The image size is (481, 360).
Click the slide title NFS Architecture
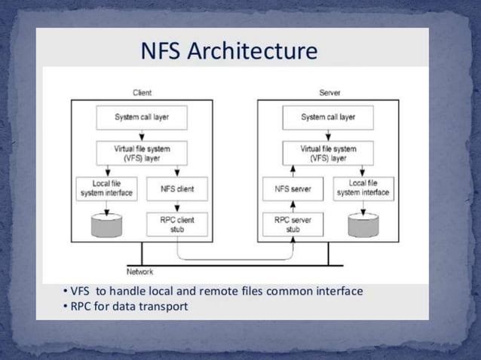coord(230,51)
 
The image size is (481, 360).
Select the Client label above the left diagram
coord(142,93)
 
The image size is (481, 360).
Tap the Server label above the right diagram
coord(329,93)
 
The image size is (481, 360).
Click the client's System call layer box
coord(142,117)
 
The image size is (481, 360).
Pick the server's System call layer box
coord(328,117)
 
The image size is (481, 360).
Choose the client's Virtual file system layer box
coord(142,154)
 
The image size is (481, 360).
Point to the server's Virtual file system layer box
coord(328,154)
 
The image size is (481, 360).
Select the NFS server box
coord(293,189)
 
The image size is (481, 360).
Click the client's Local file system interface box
coord(106,188)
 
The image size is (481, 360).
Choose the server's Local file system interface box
coord(363,188)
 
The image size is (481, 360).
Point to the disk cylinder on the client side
coord(106,224)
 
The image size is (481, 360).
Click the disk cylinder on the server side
coord(363,224)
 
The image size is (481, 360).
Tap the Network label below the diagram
coord(139,271)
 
